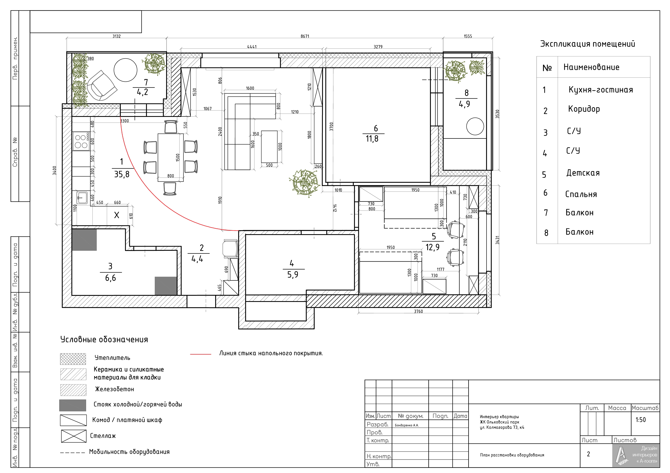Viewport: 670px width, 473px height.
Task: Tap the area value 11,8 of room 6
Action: (372, 139)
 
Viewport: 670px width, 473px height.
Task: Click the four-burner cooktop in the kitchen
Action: (81, 141)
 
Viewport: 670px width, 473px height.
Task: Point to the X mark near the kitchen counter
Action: (116, 215)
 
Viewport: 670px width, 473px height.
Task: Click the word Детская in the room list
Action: (583, 173)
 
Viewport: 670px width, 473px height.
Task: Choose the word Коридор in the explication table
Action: (584, 109)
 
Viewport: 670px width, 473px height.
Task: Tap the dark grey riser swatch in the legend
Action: (73, 405)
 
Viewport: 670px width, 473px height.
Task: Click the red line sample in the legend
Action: (201, 354)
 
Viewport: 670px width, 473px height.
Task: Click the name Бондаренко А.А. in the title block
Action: (406, 425)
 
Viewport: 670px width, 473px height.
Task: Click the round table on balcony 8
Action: (475, 126)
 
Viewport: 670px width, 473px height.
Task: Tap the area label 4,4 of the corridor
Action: (197, 259)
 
